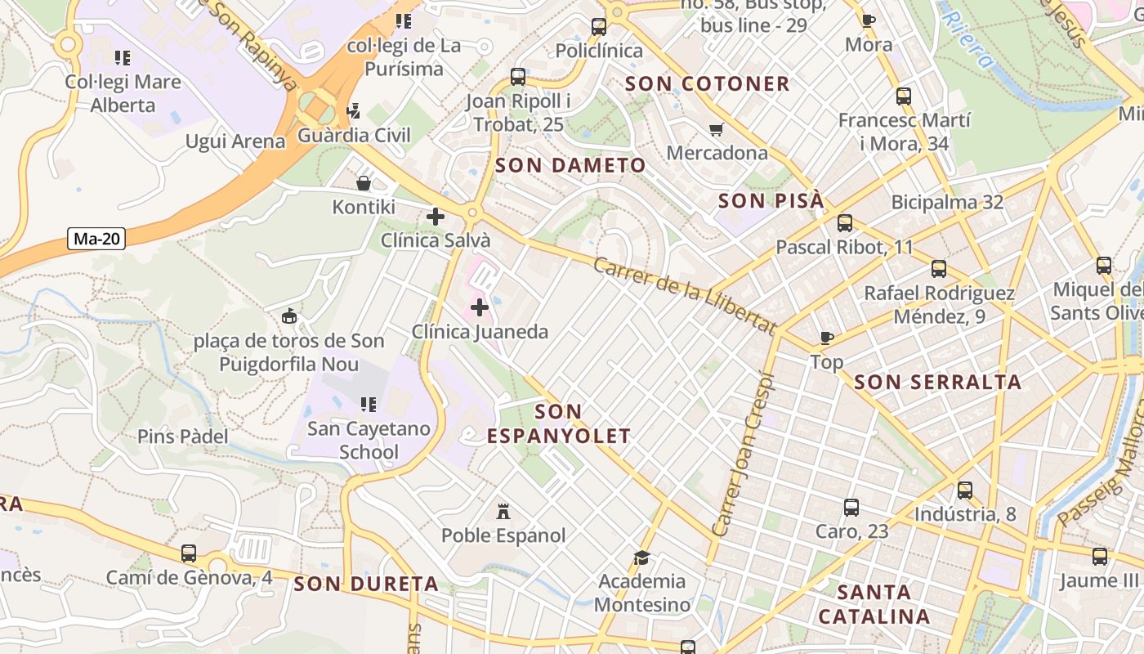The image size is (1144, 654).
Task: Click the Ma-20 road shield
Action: [x=96, y=239]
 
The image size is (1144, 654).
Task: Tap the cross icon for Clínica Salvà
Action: [x=436, y=217]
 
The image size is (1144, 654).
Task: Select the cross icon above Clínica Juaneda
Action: [x=480, y=308]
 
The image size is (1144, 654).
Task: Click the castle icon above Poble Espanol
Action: [x=503, y=513]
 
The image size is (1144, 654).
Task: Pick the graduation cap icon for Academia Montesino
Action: [x=642, y=558]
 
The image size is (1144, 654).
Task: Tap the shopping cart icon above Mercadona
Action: [x=717, y=129]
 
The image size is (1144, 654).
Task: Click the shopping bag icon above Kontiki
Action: [x=364, y=183]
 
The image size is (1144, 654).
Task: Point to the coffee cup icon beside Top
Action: [x=826, y=338]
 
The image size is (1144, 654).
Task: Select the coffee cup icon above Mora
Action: [x=869, y=20]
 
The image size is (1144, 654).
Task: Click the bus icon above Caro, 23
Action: [x=851, y=508]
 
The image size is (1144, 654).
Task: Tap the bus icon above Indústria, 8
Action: [x=965, y=490]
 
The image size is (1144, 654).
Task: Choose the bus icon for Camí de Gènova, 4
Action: [x=189, y=553]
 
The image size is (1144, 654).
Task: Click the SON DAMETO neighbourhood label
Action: [x=570, y=165]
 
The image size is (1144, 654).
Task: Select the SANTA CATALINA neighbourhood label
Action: [x=874, y=604]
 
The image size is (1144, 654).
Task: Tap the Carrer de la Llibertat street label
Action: [x=685, y=295]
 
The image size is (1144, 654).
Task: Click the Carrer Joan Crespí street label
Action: [x=743, y=455]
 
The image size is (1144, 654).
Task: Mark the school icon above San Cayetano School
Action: [x=369, y=404]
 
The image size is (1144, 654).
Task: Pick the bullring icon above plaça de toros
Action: [x=288, y=316]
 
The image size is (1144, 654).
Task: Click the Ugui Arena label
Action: [x=235, y=141]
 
